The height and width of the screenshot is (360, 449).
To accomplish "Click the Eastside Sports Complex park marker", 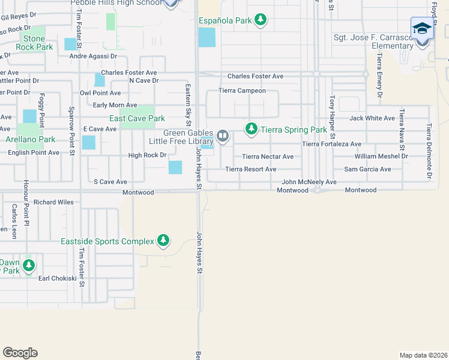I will [163, 241].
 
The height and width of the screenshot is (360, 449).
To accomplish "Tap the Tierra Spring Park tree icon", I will [252, 129].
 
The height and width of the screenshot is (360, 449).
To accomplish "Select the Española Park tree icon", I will [260, 20].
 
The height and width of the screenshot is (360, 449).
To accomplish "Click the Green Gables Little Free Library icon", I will [223, 136].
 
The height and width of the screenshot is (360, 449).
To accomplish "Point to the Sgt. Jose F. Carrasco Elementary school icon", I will [421, 29].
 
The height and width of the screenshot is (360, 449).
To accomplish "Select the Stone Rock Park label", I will [34, 43].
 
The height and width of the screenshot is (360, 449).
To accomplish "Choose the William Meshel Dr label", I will [381, 156].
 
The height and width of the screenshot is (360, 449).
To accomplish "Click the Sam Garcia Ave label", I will [367, 169].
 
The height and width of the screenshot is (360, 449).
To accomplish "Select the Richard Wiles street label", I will [53, 202].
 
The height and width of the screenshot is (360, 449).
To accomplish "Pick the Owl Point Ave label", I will [100, 94].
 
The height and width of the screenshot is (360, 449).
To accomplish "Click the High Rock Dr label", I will [147, 155].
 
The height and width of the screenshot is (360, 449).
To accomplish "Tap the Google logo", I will [20, 353].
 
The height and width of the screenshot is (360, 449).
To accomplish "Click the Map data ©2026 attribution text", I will [423, 355].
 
